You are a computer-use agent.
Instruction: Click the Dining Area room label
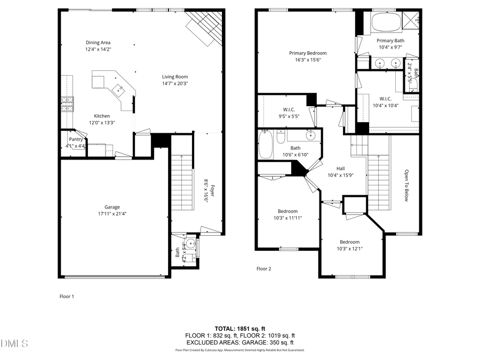click(x=98, y=42)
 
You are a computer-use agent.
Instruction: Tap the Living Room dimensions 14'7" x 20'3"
click(x=175, y=83)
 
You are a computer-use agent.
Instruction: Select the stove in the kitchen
click(x=67, y=104)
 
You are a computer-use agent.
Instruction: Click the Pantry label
click(x=75, y=139)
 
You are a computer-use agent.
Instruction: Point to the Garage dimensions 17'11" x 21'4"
click(x=112, y=214)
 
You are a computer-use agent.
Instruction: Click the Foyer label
click(x=211, y=190)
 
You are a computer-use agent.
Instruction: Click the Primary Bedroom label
click(x=308, y=53)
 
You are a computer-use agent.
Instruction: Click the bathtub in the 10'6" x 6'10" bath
click(x=265, y=144)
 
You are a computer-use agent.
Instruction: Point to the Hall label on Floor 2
click(x=340, y=169)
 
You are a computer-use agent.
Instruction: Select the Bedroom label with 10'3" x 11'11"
click(x=287, y=211)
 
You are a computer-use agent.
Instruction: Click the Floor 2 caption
click(x=264, y=269)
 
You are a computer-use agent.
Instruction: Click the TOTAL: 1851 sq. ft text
click(x=239, y=329)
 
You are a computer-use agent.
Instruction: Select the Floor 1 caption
click(x=67, y=296)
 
